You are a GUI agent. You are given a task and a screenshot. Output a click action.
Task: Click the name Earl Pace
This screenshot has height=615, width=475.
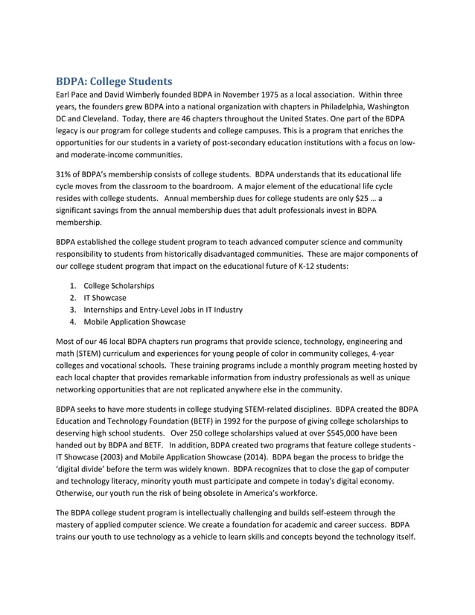(74, 95)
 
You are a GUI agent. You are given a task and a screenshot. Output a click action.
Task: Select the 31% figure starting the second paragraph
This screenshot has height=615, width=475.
(65, 173)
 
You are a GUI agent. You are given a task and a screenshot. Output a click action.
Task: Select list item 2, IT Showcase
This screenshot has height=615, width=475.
(105, 298)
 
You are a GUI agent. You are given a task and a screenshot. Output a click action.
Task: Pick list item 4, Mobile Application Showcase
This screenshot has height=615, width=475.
(135, 322)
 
